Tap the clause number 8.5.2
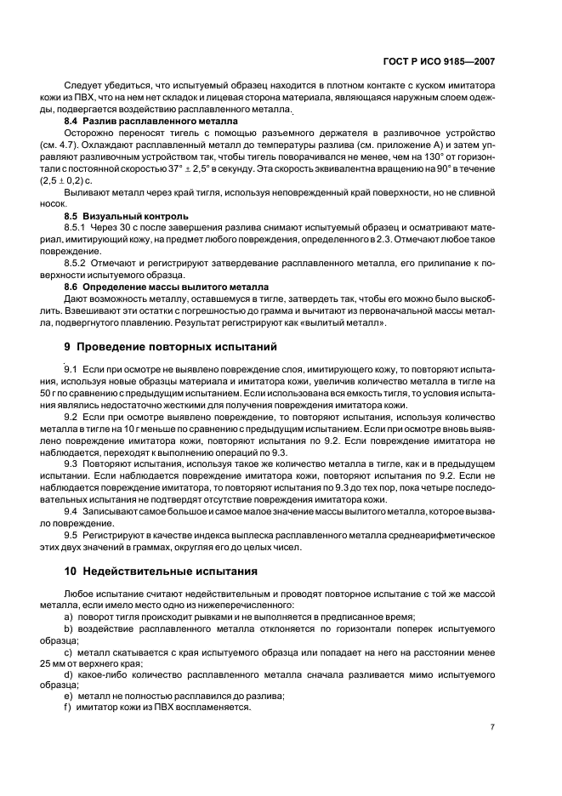click(x=77, y=264)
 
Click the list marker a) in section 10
click(x=68, y=615)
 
